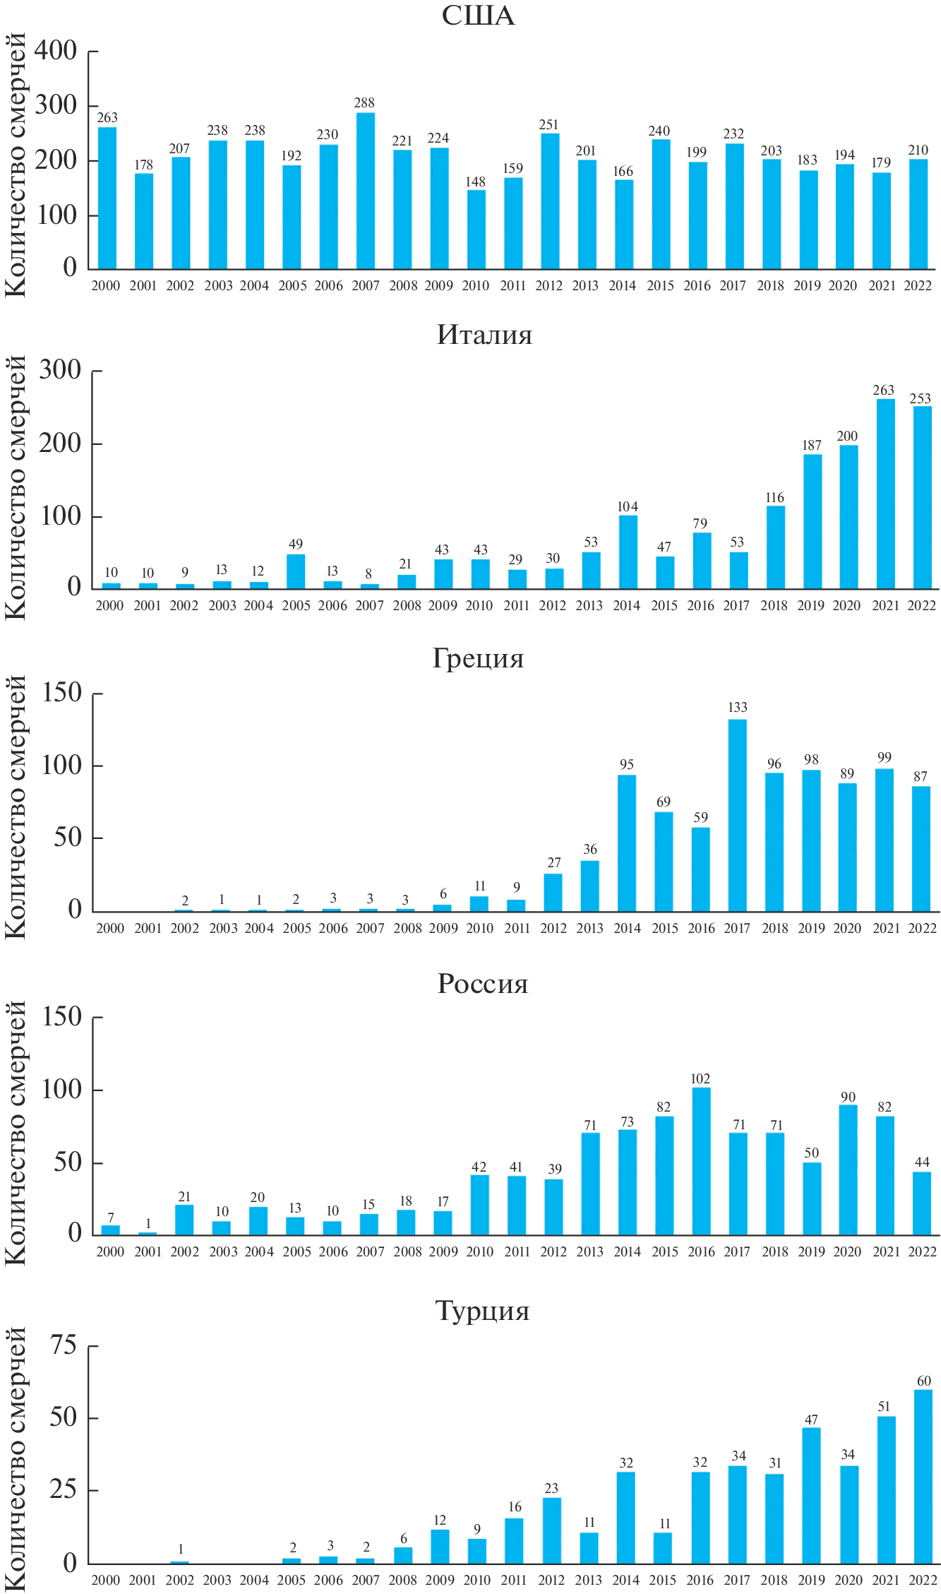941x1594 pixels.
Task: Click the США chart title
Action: tap(478, 16)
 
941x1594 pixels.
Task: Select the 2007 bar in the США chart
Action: tap(366, 191)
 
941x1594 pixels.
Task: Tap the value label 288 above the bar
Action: tap(364, 103)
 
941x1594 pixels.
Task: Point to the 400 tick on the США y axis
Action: tap(56, 51)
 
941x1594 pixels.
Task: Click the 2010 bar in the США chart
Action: tap(476, 230)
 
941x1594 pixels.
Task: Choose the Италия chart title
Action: tap(484, 335)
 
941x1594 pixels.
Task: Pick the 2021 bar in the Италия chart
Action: tap(885, 494)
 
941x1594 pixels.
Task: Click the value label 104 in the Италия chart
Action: tap(627, 507)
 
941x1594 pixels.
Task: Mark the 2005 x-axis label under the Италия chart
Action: tap(296, 606)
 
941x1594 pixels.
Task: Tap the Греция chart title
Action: tap(478, 658)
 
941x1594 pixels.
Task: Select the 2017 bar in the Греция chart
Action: tap(737, 816)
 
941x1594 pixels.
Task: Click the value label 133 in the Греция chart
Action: tap(737, 708)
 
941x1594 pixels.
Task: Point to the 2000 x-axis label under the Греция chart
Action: tap(110, 929)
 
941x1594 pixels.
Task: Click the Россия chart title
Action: tap(483, 984)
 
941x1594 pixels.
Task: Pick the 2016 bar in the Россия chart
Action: tap(701, 1162)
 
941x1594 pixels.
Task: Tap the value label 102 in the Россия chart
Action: tap(700, 1079)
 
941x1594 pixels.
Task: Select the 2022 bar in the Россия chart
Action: tap(922, 1204)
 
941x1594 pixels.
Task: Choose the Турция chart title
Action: tap(483, 1311)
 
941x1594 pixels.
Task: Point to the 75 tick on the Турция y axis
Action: tap(64, 1346)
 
